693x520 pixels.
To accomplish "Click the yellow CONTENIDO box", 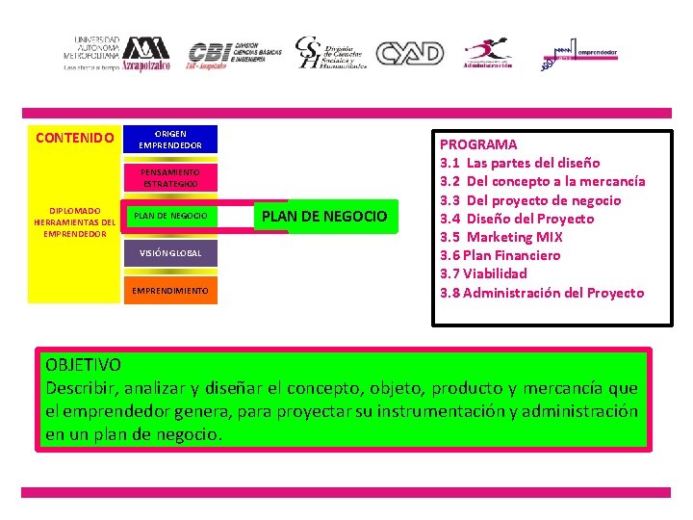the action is [x=74, y=138].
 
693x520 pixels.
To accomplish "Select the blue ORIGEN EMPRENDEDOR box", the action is [x=170, y=139].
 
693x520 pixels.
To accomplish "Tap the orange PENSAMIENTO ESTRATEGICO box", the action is [x=170, y=177].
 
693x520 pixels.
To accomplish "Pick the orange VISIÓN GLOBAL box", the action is [x=170, y=252].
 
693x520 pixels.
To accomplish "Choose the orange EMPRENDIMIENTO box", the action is [x=170, y=290].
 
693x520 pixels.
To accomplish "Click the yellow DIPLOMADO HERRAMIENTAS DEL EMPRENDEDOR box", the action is [x=74, y=221].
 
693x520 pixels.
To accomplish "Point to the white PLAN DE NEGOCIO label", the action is [x=324, y=217].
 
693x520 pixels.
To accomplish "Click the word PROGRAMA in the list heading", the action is [x=478, y=144].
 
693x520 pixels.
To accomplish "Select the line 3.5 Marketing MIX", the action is [x=501, y=237].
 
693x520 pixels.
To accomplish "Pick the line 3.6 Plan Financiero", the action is [x=500, y=255].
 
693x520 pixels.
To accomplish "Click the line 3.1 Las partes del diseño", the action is [x=520, y=163].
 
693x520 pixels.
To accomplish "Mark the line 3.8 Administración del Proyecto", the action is [x=542, y=293].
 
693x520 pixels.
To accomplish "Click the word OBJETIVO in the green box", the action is [x=83, y=365].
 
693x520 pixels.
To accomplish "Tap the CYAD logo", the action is [x=409, y=53].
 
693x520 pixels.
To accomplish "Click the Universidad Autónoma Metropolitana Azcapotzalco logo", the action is [x=116, y=53].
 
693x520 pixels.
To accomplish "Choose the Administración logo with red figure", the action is [x=488, y=54].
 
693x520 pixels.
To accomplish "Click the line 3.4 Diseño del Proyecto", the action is [x=517, y=219].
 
